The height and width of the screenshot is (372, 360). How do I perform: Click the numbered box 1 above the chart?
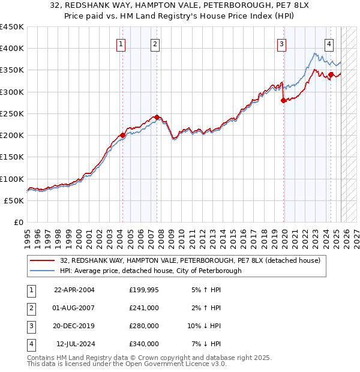121,43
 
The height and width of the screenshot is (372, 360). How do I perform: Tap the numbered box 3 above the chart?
281,43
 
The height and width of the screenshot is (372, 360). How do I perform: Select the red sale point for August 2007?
157,118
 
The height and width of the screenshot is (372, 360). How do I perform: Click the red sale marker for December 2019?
283,101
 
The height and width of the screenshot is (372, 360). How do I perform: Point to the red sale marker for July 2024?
331,74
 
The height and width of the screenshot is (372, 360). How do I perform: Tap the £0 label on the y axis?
18,222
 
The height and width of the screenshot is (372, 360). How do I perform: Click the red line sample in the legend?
43,260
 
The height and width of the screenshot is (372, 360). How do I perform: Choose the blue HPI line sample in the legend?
43,271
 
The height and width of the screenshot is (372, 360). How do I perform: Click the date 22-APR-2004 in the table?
74,290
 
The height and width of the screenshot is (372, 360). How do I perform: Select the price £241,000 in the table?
144,308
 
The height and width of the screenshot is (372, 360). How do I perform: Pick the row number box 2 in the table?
30,308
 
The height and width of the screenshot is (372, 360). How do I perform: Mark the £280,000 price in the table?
144,326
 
